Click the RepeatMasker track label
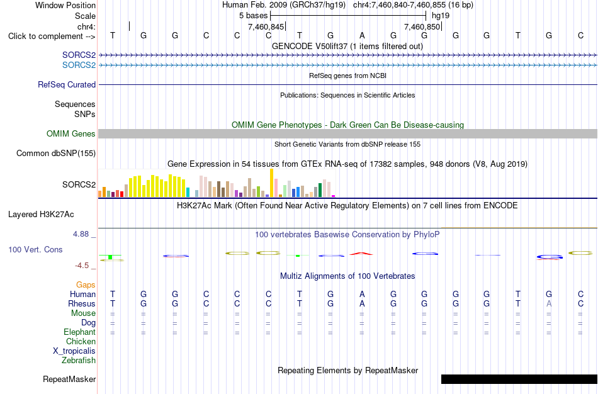69,379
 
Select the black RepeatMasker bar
519,379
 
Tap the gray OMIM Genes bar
347,133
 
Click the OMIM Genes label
71,133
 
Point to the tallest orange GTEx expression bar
271,183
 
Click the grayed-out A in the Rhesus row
549,303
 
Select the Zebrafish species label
79,360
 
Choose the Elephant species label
79,332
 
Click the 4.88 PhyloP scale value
81,234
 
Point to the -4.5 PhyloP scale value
82,266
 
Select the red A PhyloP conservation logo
361,253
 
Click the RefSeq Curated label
67,85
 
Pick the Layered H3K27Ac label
41,215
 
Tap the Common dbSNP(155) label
56,154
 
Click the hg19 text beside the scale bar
441,16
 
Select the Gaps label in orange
86,285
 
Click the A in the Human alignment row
362,294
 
